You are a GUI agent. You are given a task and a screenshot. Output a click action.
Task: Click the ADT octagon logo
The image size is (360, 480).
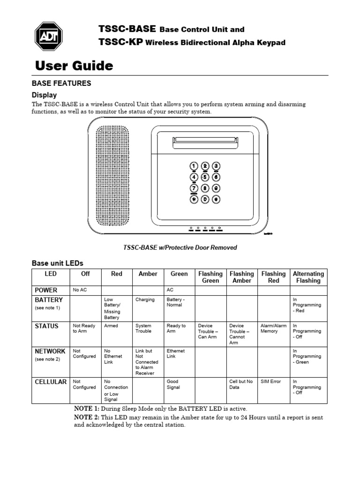(x=49, y=36)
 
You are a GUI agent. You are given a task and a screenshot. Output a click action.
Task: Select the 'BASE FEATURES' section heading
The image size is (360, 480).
(x=61, y=83)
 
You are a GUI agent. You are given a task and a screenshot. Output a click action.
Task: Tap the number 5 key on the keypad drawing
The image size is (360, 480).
(x=205, y=177)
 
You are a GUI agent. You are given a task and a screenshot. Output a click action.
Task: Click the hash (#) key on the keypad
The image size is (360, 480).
(x=216, y=199)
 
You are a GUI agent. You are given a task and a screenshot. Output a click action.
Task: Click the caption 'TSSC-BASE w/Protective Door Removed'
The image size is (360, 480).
(x=180, y=247)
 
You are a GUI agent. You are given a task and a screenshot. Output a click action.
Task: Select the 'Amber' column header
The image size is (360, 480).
(x=148, y=274)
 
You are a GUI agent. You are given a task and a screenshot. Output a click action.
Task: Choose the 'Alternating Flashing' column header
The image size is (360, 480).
(x=308, y=277)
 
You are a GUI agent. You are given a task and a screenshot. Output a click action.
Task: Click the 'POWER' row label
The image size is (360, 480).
(x=46, y=290)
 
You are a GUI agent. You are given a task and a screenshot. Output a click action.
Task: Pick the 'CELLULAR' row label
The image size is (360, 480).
(x=51, y=382)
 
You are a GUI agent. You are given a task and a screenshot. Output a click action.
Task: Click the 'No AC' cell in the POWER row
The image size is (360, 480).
(x=80, y=290)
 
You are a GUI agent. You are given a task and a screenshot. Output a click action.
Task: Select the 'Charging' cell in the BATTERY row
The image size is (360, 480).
(x=145, y=300)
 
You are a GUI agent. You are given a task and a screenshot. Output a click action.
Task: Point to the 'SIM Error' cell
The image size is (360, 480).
(x=271, y=382)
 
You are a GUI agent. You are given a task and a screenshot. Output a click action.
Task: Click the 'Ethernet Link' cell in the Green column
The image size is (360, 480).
(x=176, y=353)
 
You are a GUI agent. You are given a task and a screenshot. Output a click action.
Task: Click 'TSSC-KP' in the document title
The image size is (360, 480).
(x=120, y=43)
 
